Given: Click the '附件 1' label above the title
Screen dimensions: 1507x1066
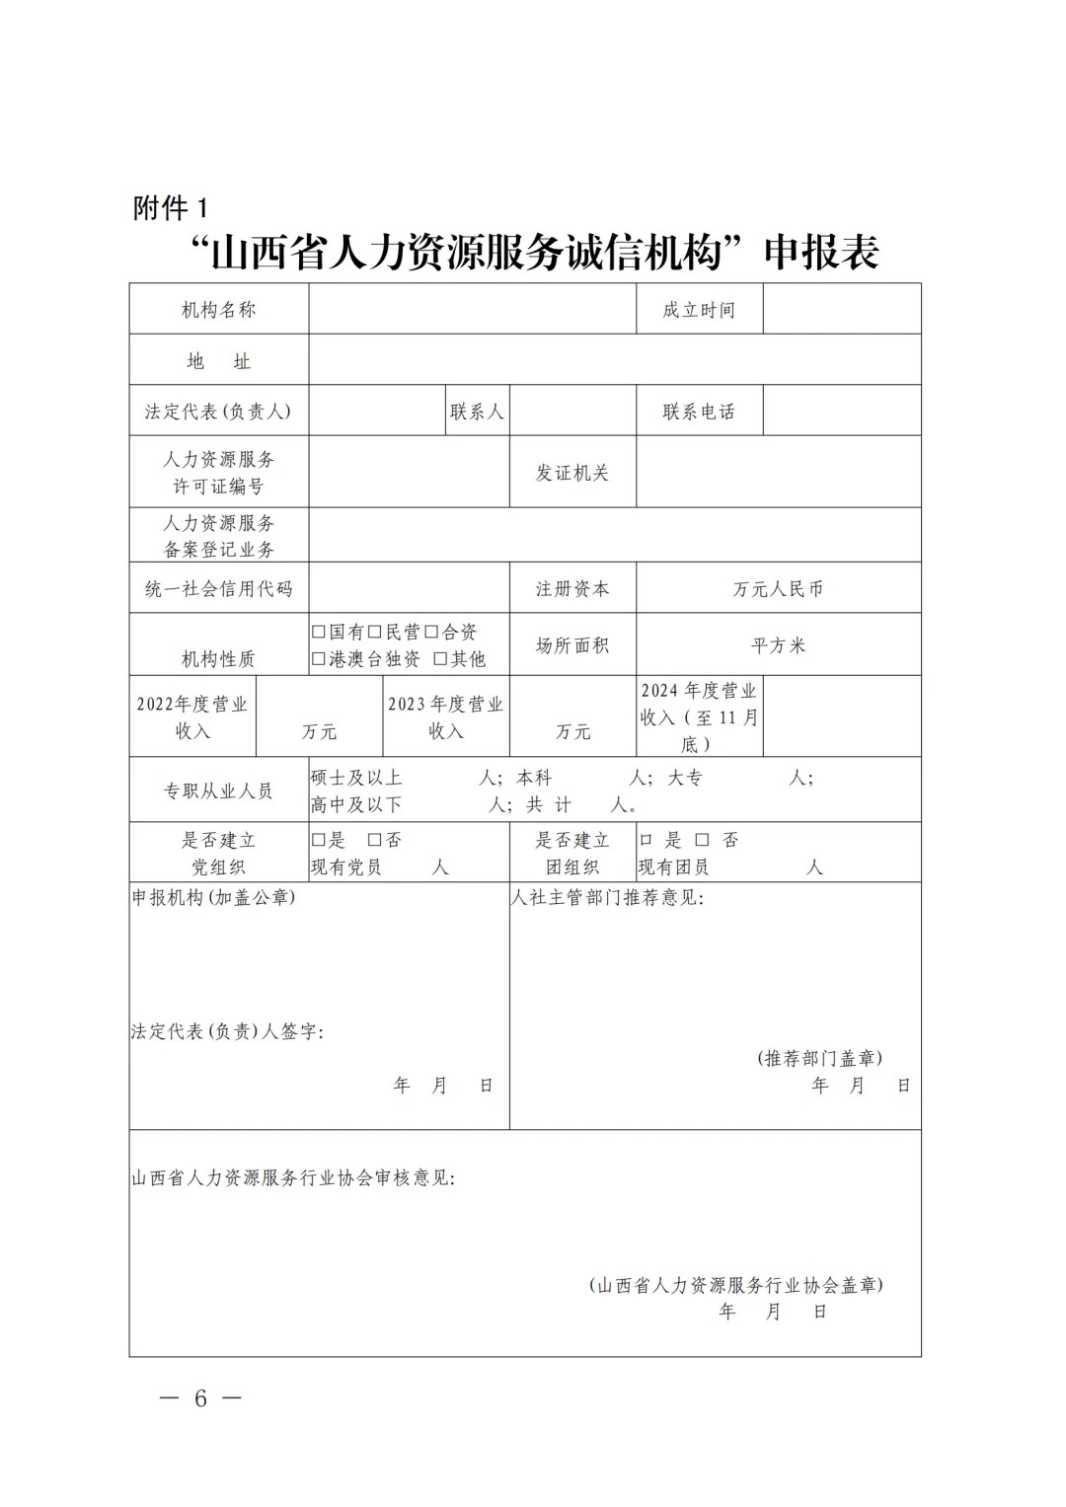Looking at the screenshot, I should click(x=171, y=208).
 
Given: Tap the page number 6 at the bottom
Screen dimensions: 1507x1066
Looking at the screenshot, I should click(x=200, y=1397).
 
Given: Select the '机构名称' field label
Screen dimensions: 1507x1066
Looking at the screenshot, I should click(x=218, y=310).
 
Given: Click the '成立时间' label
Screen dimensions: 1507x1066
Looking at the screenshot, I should click(x=699, y=310).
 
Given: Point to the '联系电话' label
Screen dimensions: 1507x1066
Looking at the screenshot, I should click(x=699, y=412).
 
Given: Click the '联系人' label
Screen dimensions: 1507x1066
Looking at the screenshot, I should click(x=477, y=412).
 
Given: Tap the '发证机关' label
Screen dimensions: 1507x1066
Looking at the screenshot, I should click(x=572, y=473).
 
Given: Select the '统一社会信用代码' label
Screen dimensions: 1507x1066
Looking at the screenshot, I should click(x=218, y=589).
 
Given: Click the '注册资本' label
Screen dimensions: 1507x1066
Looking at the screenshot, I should click(x=572, y=589).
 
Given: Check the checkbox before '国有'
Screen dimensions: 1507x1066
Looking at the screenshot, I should click(x=319, y=633).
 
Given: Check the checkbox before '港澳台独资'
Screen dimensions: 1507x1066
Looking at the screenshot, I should click(x=319, y=658).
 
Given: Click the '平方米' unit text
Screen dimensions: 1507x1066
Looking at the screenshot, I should click(x=778, y=645).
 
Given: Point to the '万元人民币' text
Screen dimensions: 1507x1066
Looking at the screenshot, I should click(x=778, y=589).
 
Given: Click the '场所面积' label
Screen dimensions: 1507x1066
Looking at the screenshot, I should click(x=572, y=645).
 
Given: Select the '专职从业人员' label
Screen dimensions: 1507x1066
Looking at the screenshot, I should click(x=218, y=791).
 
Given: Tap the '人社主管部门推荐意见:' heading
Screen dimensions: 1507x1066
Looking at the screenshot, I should click(x=608, y=898).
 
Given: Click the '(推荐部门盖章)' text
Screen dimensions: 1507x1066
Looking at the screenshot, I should click(x=820, y=1058).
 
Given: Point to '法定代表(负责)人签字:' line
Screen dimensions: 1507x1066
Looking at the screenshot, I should click(x=228, y=1031).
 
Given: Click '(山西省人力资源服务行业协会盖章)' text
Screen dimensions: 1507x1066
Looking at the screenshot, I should click(x=735, y=1285).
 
